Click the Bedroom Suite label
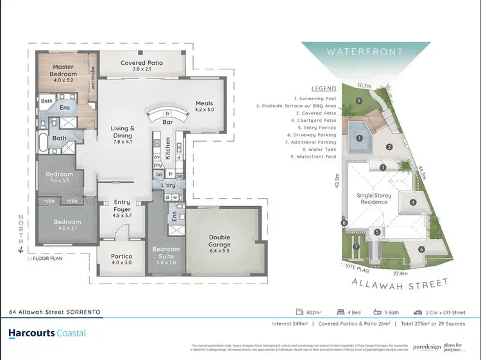(165, 253)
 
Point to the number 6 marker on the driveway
(421, 249)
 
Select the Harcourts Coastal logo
(47, 333)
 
